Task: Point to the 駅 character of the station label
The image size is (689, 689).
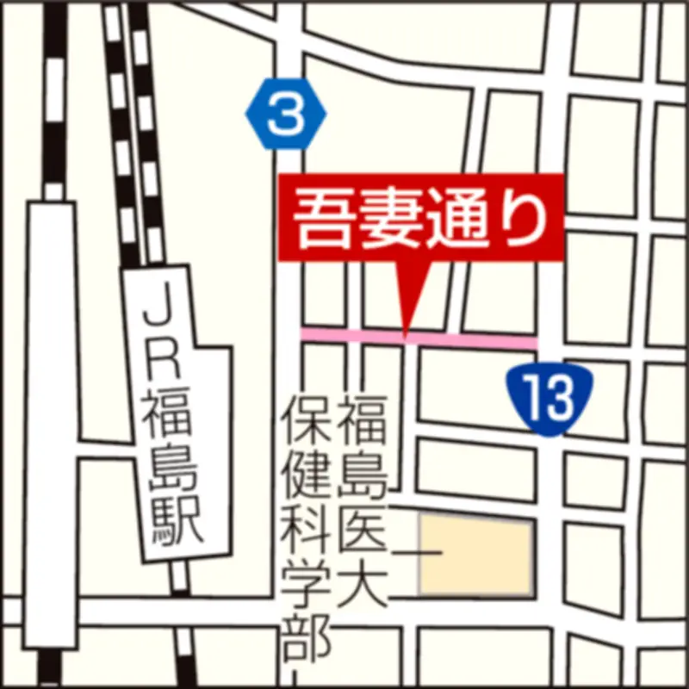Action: pyautogui.click(x=175, y=518)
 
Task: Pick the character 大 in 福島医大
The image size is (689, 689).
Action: pyautogui.click(x=362, y=586)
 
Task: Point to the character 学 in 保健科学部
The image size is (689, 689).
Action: pyautogui.click(x=307, y=584)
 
